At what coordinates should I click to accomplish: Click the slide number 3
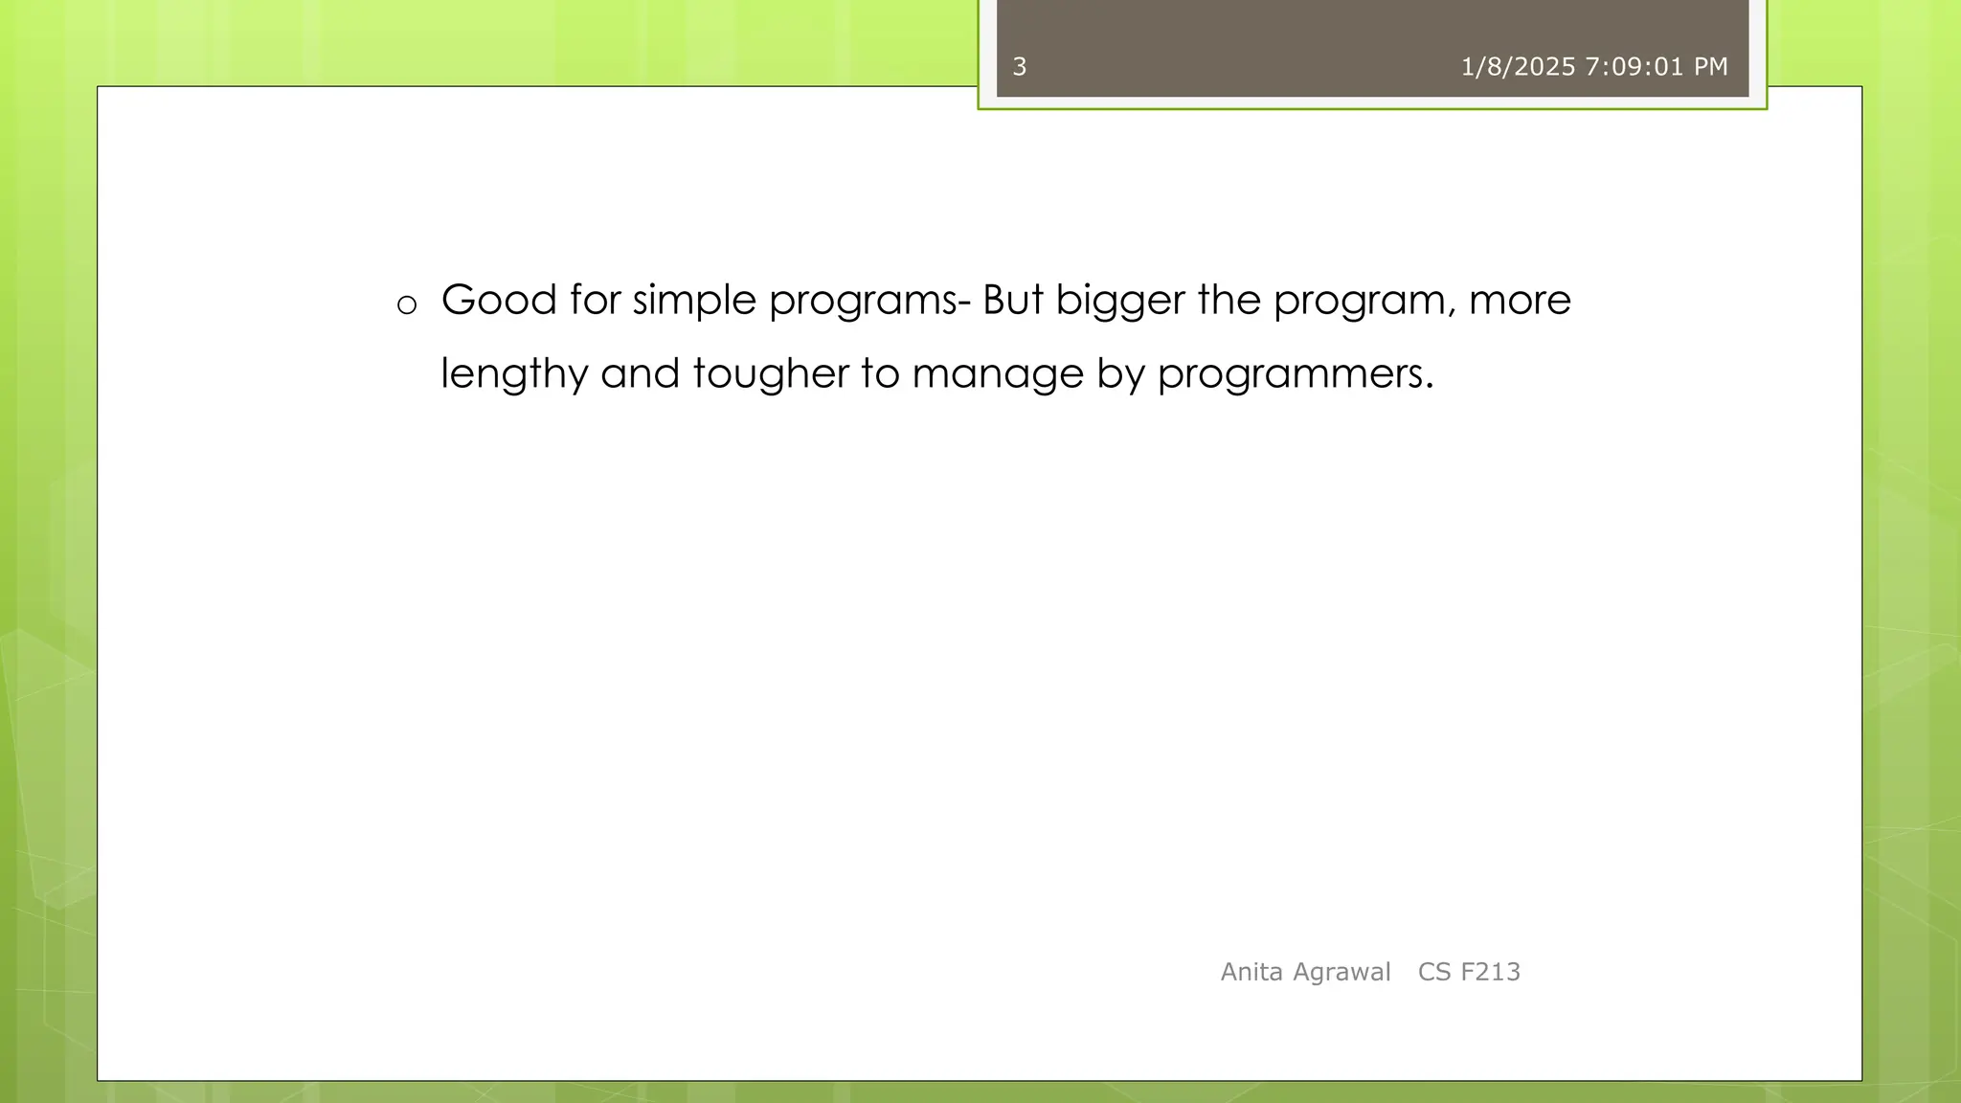pyautogui.click(x=1020, y=67)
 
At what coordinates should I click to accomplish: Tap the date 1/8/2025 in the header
pyautogui.click(x=1518, y=67)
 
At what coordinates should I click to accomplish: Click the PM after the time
pyautogui.click(x=1710, y=67)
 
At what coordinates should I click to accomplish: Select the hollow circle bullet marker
pyautogui.click(x=407, y=305)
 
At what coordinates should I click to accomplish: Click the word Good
pyautogui.click(x=499, y=300)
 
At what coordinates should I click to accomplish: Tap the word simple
pyautogui.click(x=687, y=302)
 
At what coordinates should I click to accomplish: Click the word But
pyautogui.click(x=1013, y=300)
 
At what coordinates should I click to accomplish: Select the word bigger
pyautogui.click(x=1120, y=302)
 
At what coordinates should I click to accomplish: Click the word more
pyautogui.click(x=1520, y=302)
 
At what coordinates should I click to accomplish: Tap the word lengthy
pyautogui.click(x=514, y=374)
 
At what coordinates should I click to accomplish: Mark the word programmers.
pyautogui.click(x=1295, y=374)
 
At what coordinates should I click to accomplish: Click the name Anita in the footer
pyautogui.click(x=1251, y=972)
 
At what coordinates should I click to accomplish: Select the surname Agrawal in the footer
pyautogui.click(x=1341, y=972)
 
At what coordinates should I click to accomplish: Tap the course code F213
pyautogui.click(x=1490, y=972)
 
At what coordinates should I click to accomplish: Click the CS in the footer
pyautogui.click(x=1434, y=972)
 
